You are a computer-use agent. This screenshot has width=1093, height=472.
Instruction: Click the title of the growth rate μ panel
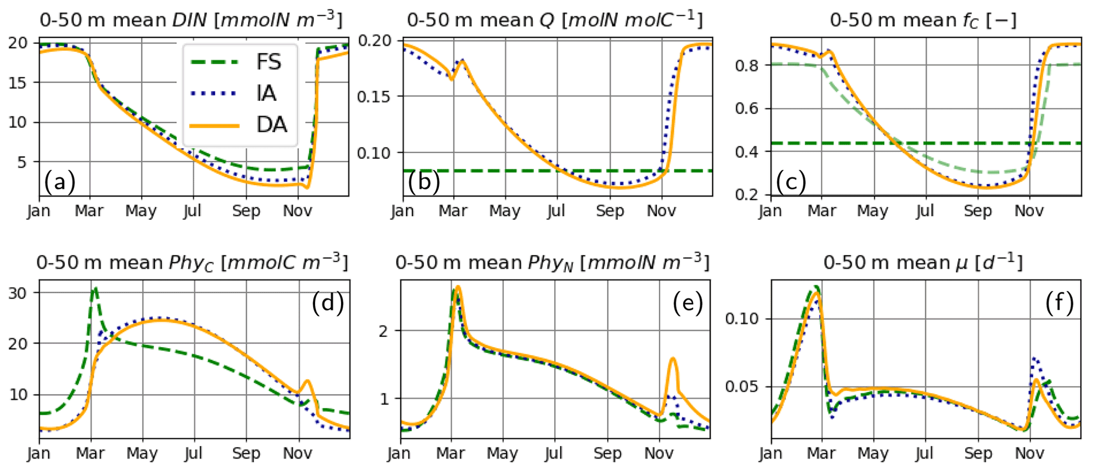coord(923,263)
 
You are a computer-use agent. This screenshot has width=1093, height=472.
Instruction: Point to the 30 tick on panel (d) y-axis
coord(17,293)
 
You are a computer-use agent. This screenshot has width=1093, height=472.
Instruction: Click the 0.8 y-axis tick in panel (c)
coord(748,66)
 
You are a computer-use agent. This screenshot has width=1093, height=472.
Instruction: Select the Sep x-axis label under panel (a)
coord(246,211)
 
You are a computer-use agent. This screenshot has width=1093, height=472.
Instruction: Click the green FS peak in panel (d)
coord(95,289)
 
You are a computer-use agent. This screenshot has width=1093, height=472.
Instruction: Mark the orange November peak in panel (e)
coord(673,359)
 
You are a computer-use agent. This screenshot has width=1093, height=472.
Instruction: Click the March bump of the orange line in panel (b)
coord(462,62)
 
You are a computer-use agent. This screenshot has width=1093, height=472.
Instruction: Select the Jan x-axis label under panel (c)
coord(770,211)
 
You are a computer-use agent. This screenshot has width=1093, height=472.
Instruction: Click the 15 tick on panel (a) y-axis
coord(17,82)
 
